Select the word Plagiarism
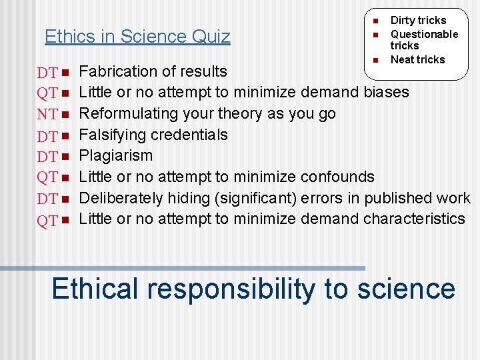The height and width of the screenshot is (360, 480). pyautogui.click(x=116, y=155)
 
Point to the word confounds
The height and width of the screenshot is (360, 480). pyautogui.click(x=338, y=177)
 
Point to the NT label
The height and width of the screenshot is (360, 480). pyautogui.click(x=47, y=115)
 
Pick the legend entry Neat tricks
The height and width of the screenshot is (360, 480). pyautogui.click(x=417, y=59)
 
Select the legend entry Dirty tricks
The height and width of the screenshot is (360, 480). pyautogui.click(x=418, y=21)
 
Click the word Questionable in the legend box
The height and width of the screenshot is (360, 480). pyautogui.click(x=424, y=34)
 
